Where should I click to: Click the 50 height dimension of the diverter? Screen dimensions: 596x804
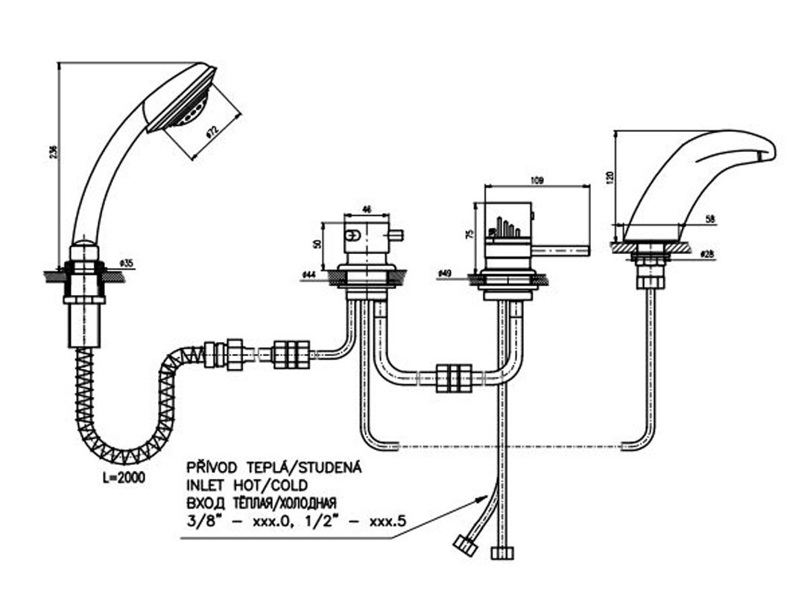[x=317, y=244]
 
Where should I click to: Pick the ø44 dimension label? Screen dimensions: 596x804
[x=307, y=275]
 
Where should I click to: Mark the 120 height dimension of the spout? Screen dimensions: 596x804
[x=610, y=177]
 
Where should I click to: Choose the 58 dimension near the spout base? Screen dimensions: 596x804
[x=709, y=218]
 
